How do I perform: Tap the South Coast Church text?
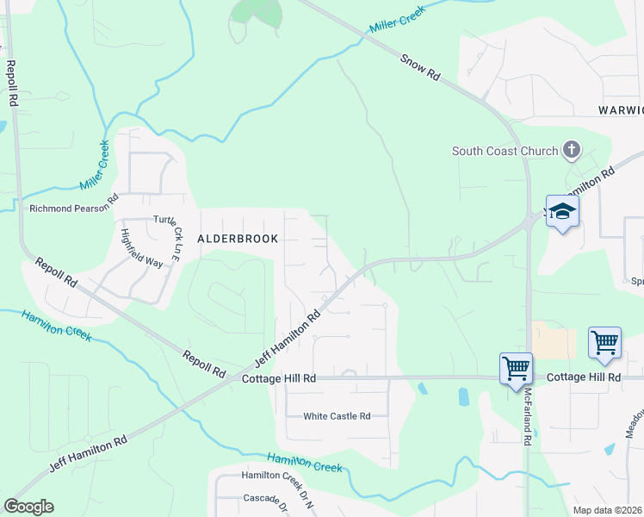[505, 152]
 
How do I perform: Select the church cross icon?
[571, 151]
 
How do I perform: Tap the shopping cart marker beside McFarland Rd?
[516, 368]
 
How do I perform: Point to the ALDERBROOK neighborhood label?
[238, 239]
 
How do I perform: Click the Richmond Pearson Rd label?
[72, 208]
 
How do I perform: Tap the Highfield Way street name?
[142, 248]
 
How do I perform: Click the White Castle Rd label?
[337, 416]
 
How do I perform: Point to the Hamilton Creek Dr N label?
[278, 476]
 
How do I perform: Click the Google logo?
[28, 507]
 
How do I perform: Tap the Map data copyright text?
[608, 510]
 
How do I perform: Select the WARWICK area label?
[621, 110]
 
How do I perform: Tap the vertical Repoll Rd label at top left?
[13, 83]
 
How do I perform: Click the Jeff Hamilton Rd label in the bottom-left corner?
[88, 453]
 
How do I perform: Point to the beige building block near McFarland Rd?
[553, 340]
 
